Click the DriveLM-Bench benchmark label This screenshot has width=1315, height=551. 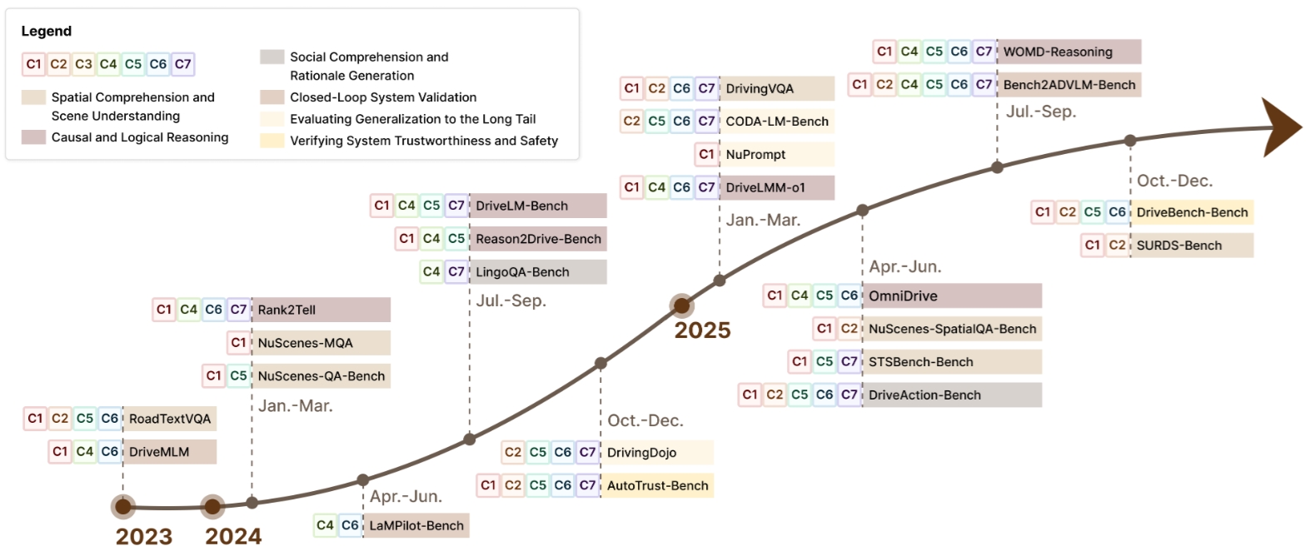coord(522,206)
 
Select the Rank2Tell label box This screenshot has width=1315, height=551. coord(286,310)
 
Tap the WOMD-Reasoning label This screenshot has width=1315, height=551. coord(1058,52)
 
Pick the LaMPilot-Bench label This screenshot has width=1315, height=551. coord(416,525)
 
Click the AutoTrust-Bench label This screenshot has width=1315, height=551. coord(658,485)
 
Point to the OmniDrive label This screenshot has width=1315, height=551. coord(903,295)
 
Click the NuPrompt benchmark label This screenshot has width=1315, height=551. coord(755,154)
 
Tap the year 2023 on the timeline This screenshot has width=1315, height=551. coord(143,536)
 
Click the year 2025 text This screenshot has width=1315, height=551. coord(702,330)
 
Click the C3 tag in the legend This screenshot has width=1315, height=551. coord(83,64)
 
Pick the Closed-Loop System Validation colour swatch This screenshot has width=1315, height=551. coord(272,97)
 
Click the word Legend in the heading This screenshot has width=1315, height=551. coord(47,31)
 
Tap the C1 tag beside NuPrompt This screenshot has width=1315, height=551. coord(707,154)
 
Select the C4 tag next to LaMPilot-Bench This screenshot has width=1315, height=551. coord(325,525)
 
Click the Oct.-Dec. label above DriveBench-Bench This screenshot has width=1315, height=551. coord(1174,181)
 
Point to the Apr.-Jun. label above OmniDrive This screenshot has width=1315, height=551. coord(905,266)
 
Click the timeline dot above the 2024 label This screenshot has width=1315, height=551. coord(213,506)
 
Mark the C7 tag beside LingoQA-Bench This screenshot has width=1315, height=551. coord(456,271)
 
